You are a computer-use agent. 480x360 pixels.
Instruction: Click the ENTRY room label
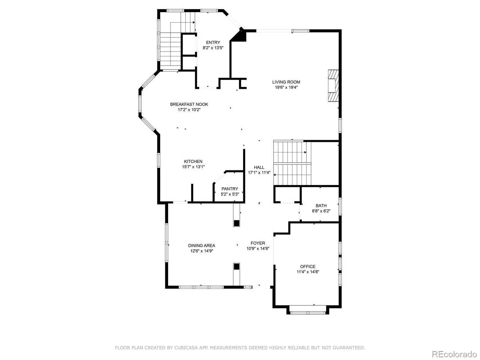click(213, 42)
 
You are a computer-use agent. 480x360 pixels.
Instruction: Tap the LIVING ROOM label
click(286, 82)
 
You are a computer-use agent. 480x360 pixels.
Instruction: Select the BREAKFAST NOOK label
click(189, 104)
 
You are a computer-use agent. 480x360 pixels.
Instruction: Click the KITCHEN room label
click(193, 161)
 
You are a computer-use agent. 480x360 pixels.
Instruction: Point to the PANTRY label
click(229, 189)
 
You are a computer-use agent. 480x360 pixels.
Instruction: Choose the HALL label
click(259, 167)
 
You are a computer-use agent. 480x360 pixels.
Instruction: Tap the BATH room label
click(321, 205)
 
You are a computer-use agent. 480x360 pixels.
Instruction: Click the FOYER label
click(258, 243)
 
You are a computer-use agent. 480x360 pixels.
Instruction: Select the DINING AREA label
click(202, 245)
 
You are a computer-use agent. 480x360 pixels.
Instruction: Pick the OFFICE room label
click(308, 266)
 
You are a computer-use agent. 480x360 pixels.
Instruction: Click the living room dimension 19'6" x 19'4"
click(286, 87)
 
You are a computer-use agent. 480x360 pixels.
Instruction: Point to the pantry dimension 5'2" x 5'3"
click(229, 194)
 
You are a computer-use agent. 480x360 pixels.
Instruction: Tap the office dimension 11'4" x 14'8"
click(308, 272)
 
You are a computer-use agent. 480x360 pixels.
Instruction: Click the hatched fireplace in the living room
click(333, 86)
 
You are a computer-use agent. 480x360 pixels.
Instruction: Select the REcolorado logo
click(454, 354)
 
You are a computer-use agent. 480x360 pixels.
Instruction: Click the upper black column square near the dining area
click(236, 223)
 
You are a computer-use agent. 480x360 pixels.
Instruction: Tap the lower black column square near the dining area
click(236, 267)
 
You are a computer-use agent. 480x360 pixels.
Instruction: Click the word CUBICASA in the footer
click(185, 347)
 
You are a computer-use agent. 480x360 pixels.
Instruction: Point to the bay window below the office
click(308, 313)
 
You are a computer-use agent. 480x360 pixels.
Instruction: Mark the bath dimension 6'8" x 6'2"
click(321, 211)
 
